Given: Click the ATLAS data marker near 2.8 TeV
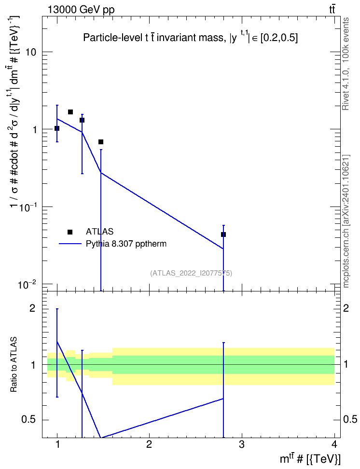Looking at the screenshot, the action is [223, 234].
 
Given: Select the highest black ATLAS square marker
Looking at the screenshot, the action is [70, 112].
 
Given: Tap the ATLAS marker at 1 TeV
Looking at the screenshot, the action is [57, 128].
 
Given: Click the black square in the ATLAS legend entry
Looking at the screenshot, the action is [70, 232].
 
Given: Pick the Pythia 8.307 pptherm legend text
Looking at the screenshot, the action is [126, 244].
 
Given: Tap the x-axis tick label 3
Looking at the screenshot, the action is [241, 444].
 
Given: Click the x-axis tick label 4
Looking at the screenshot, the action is [334, 444].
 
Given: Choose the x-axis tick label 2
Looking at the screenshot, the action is [149, 444].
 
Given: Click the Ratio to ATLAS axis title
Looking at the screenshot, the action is [14, 365].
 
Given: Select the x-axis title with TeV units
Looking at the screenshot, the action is [310, 459].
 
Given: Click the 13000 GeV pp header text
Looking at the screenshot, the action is [81, 10].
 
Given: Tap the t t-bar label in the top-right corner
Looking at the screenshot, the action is [332, 9].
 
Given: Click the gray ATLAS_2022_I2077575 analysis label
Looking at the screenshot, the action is [191, 273].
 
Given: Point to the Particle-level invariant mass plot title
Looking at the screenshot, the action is [190, 37].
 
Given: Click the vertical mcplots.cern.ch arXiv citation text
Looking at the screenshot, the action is [346, 221].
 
